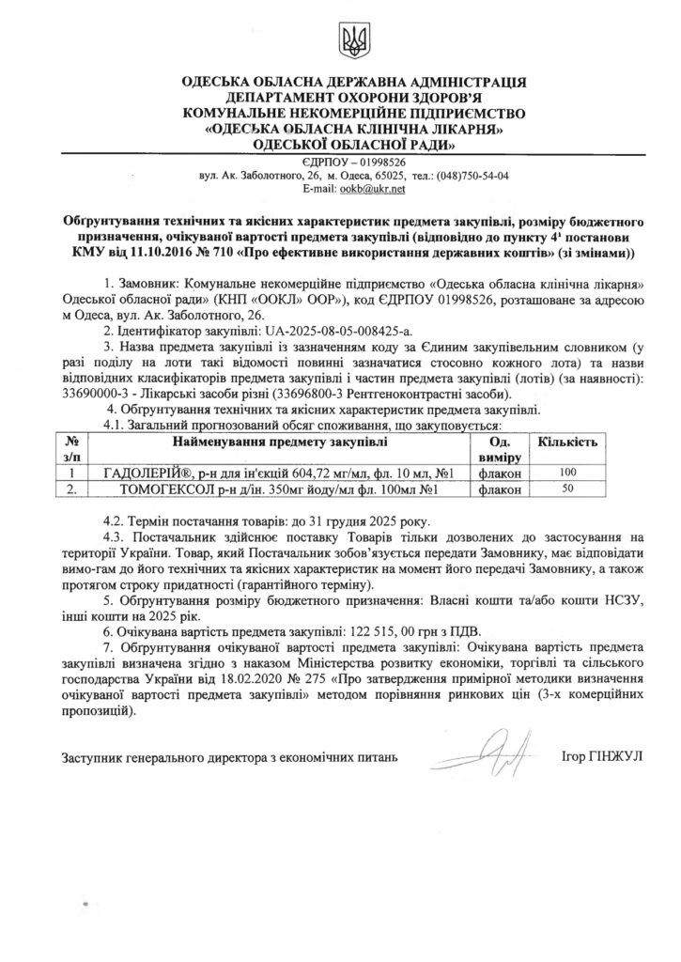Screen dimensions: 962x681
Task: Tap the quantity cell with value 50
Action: (x=566, y=490)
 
